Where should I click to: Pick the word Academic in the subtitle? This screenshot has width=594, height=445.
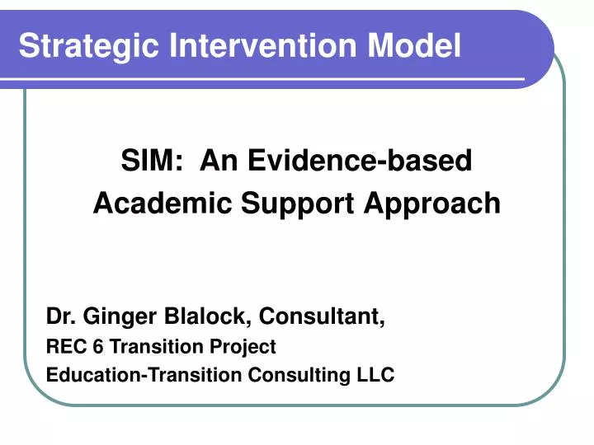(163, 203)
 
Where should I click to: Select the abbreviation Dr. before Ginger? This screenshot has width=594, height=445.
(59, 316)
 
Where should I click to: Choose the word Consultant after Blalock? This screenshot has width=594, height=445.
(323, 316)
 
